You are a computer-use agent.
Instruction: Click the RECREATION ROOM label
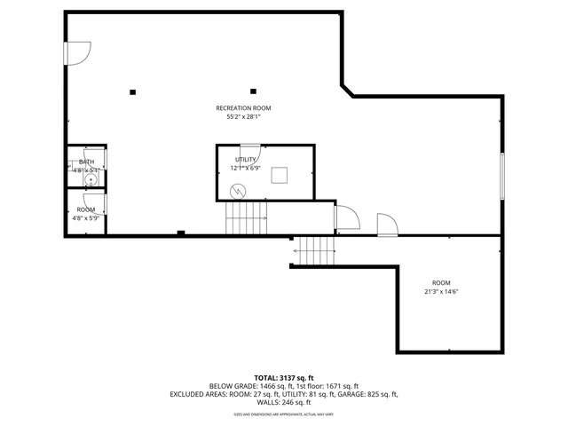click(243, 108)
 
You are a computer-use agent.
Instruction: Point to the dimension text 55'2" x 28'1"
click(243, 117)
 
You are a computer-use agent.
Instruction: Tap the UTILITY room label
click(245, 159)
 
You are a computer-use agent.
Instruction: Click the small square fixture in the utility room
click(280, 174)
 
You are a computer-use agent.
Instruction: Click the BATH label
click(86, 162)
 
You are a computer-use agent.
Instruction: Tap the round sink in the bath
click(89, 179)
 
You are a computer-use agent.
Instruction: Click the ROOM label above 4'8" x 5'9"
click(85, 209)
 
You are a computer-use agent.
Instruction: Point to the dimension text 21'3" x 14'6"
click(441, 291)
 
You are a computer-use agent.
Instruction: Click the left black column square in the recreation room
click(132, 91)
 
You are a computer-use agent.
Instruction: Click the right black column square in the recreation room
click(253, 91)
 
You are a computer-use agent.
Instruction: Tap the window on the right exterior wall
click(502, 176)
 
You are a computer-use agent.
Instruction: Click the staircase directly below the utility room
click(247, 217)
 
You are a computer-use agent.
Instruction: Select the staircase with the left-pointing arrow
click(315, 251)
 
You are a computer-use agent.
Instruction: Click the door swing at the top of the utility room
click(250, 150)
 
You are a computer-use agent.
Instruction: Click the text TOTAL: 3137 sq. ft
click(284, 378)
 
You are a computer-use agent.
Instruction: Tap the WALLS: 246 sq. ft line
click(284, 402)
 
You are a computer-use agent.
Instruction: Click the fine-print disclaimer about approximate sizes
click(284, 414)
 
